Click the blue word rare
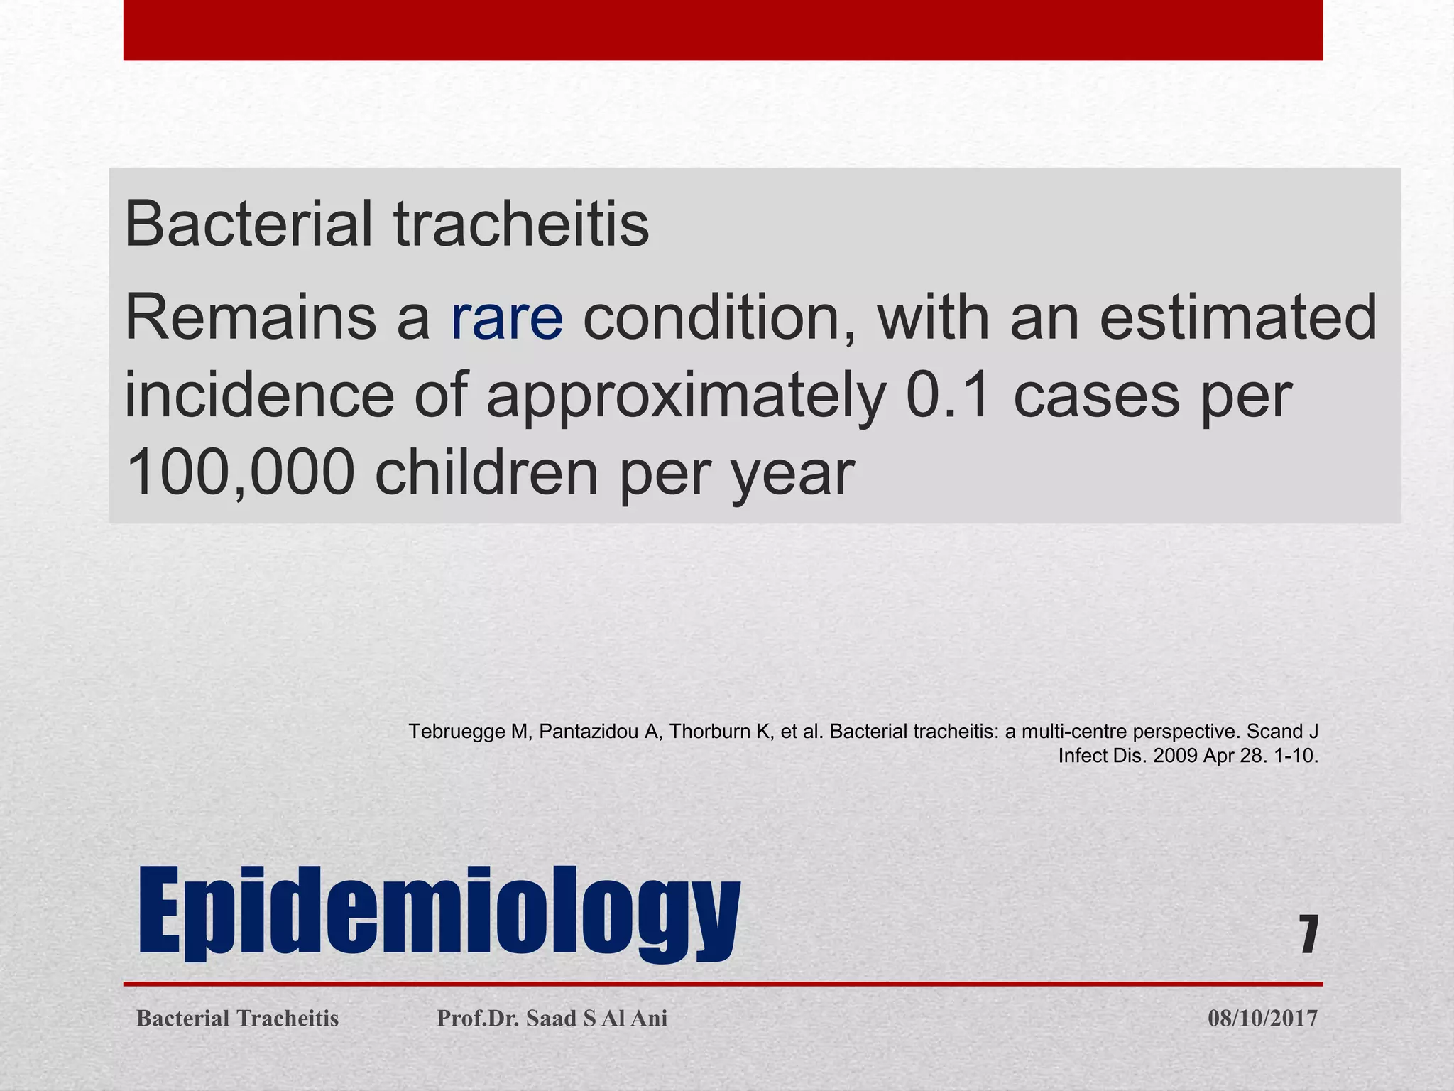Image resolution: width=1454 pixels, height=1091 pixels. [x=507, y=319]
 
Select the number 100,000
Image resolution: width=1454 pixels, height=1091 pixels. [x=239, y=472]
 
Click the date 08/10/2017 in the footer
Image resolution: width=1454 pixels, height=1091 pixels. [x=1262, y=1019]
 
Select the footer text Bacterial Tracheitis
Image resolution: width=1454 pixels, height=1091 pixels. [x=237, y=1019]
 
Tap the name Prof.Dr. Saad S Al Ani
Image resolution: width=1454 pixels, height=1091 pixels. [x=552, y=1019]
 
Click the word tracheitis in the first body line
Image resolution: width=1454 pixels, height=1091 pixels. [x=521, y=224]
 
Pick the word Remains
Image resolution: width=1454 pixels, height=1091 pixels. [x=250, y=319]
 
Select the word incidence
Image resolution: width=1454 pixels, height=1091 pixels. [x=258, y=396]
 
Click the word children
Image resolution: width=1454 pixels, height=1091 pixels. [x=486, y=472]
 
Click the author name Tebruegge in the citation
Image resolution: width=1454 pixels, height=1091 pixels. [x=457, y=732]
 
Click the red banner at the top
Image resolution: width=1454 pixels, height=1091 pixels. [x=723, y=30]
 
